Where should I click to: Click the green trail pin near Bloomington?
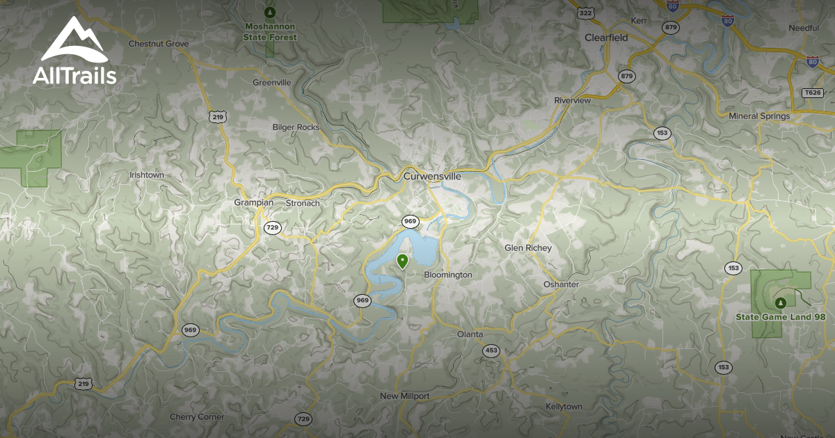402,261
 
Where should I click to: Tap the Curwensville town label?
432,177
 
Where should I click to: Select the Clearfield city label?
606,38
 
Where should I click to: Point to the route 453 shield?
491,350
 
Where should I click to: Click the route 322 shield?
584,13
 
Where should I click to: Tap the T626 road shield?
812,92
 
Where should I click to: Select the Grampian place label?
255,204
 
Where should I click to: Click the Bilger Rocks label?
296,127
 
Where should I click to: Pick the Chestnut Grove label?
159,44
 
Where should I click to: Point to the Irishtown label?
147,175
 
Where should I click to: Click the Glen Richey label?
528,248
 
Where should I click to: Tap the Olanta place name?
470,334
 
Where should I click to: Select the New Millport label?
404,396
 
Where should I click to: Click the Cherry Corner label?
197,417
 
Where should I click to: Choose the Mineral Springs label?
759,116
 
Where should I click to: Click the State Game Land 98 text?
781,317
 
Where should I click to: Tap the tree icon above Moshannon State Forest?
271,12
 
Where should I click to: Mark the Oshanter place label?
561,284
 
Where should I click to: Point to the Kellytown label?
564,406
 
